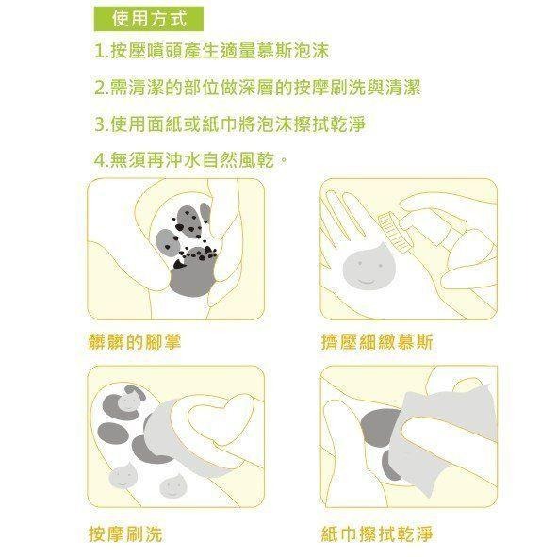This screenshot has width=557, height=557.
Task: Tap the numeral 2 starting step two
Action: click(101, 88)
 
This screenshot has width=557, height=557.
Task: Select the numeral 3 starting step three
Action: click(101, 124)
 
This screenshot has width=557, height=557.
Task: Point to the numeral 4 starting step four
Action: click(101, 161)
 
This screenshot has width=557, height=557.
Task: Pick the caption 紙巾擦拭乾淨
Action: click(377, 534)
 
